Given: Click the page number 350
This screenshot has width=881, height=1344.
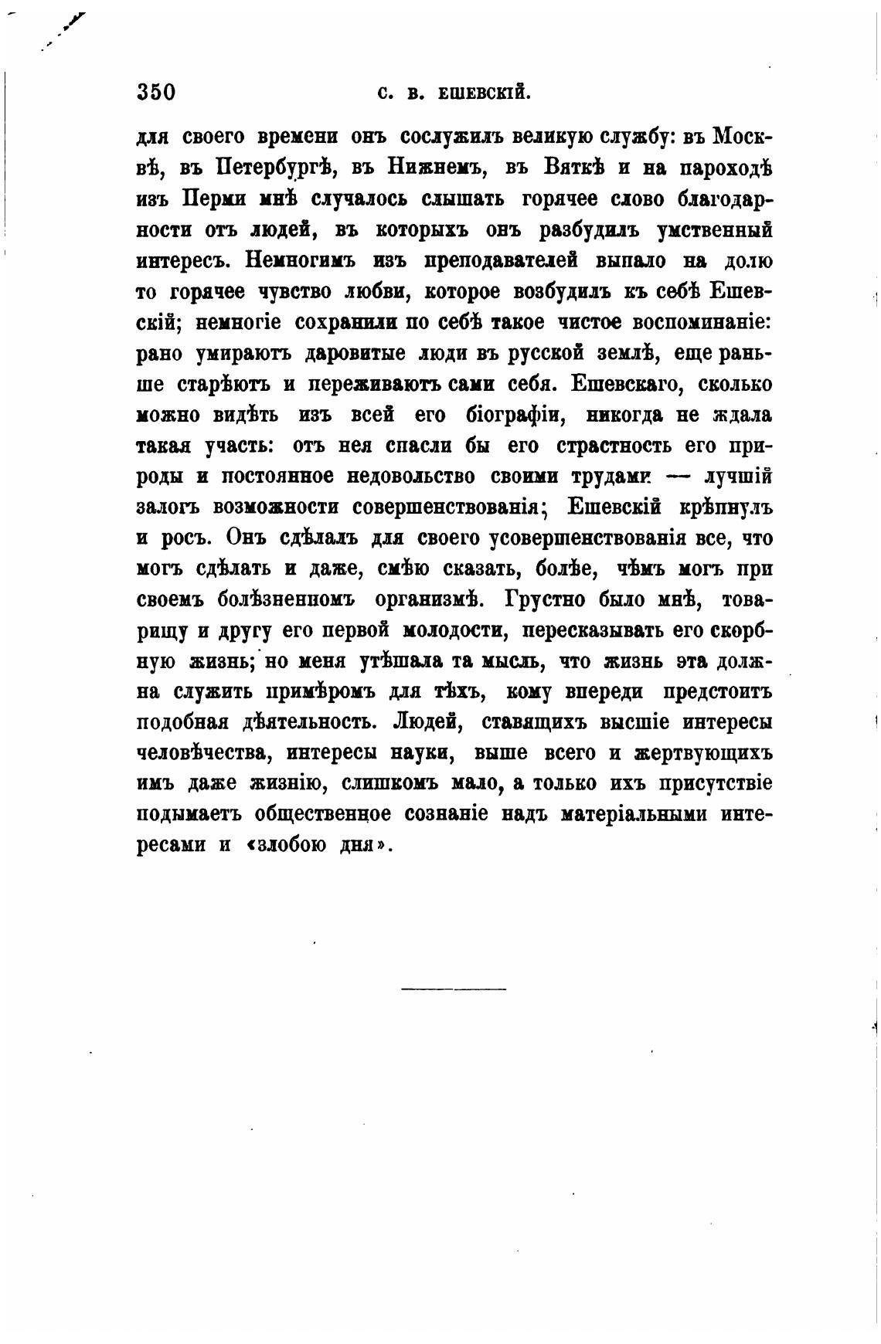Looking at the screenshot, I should pos(156,93).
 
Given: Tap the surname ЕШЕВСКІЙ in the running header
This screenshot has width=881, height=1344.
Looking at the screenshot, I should pos(484,93).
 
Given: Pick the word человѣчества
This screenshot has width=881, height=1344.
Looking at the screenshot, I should pos(203,753).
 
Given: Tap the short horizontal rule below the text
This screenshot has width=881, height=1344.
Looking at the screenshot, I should pos(454,988).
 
